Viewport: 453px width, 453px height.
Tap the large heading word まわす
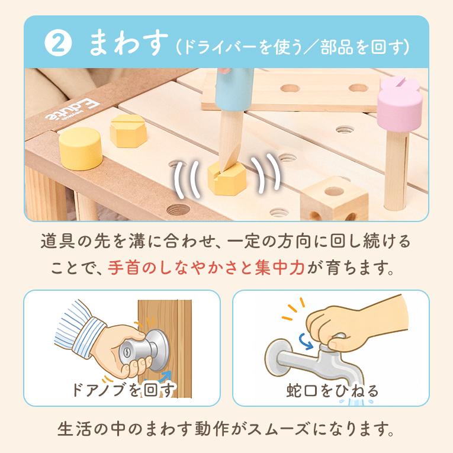(128, 44)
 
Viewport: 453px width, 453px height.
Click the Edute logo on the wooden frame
(72, 110)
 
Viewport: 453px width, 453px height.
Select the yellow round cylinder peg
(81, 148)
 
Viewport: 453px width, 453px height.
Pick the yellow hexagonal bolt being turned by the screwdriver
(227, 178)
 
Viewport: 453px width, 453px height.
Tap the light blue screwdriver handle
(235, 89)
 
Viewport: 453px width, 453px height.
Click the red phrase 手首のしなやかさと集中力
(206, 268)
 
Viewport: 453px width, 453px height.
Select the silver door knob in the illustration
(144, 351)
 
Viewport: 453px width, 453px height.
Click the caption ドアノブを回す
(124, 390)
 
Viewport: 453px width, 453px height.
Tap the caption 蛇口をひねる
(332, 391)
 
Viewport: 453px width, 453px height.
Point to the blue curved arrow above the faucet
(306, 341)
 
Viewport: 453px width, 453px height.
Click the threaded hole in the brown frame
(178, 210)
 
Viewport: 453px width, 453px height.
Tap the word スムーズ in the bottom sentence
(279, 429)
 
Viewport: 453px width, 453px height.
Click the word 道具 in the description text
(58, 241)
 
